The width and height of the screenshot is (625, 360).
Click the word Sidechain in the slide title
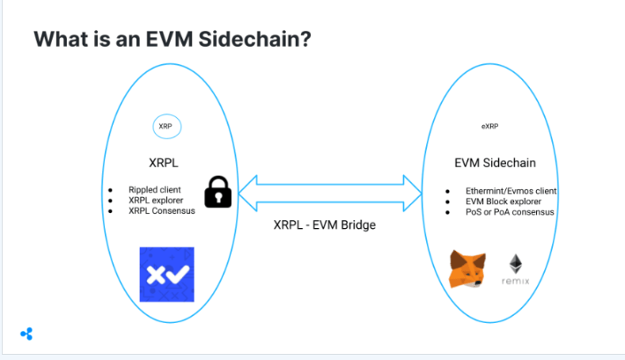[254, 39]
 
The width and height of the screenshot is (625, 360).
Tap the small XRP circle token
[167, 127]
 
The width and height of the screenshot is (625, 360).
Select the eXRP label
[489, 127]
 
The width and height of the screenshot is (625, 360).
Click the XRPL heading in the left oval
[164, 163]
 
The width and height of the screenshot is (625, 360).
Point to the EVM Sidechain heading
[495, 163]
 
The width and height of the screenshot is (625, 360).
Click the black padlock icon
[218, 192]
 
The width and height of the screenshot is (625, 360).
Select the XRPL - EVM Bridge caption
[325, 224]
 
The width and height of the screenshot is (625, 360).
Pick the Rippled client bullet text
[155, 190]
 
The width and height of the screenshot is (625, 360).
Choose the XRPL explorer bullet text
[156, 200]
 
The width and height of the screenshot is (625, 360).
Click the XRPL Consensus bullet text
[162, 210]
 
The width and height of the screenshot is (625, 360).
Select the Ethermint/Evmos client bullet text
[511, 191]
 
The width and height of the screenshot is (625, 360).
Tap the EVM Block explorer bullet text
[504, 202]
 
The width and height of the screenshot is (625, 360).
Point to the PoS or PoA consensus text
[510, 212]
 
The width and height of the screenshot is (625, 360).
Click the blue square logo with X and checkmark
[167, 275]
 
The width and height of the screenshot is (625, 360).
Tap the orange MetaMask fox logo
[467, 269]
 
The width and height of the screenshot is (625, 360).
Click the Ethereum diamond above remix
[516, 263]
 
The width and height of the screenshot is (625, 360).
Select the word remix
[515, 281]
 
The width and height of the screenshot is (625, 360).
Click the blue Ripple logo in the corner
[26, 334]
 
